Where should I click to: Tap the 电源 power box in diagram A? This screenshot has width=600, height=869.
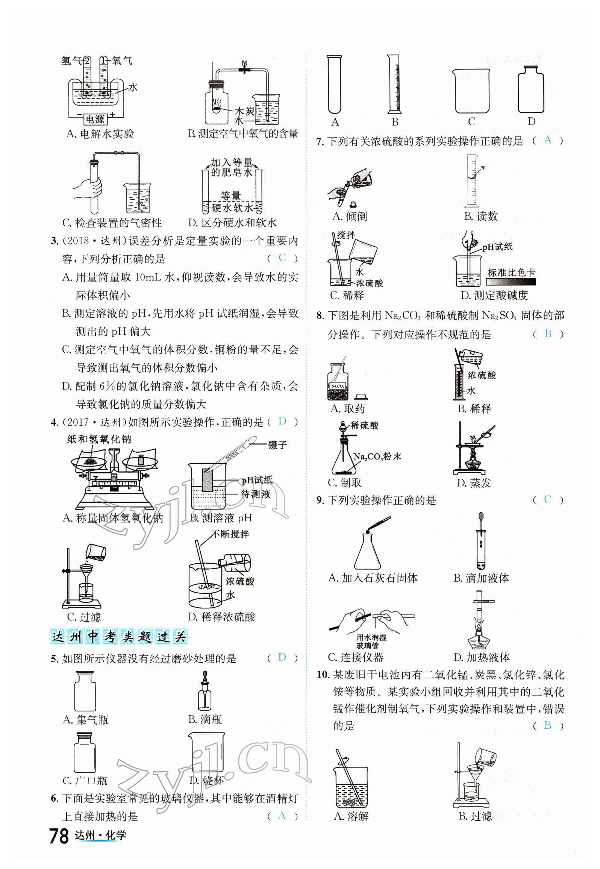[95, 120]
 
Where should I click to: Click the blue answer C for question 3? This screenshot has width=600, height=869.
[282, 258]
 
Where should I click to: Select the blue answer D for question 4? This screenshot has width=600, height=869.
[282, 421]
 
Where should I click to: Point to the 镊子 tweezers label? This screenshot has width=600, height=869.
[277, 445]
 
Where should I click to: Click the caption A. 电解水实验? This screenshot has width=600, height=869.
[100, 134]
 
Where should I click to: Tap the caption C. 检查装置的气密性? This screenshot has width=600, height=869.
[112, 223]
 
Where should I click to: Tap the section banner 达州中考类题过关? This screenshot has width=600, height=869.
[118, 637]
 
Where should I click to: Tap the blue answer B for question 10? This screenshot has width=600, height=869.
[547, 725]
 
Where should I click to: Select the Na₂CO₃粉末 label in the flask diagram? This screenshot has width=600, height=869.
[377, 456]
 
